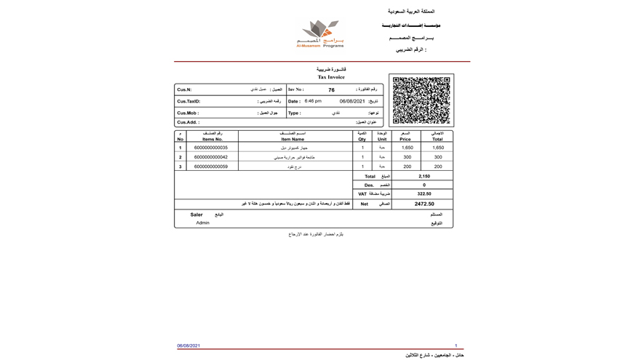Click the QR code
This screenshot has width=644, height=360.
coord(421,100)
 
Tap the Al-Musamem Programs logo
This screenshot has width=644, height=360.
coord(320,33)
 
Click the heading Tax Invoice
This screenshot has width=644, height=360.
coord(331,77)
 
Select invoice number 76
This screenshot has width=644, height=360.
coord(331,90)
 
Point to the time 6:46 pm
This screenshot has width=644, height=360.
coord(313,101)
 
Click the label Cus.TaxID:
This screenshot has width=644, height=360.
coord(188,102)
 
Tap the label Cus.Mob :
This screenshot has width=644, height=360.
coord(188,113)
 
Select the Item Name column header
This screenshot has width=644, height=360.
coord(293,139)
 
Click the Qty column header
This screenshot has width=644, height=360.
coord(362,139)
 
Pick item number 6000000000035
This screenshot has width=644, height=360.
coord(211,148)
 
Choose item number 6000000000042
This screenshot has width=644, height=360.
coord(211,157)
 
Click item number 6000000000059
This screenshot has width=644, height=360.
coord(211,167)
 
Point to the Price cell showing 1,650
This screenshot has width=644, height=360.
coord(407,148)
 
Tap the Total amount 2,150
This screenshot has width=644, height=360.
coord(424,176)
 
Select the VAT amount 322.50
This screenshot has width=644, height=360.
coord(424,194)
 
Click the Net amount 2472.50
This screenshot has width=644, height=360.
coord(424,204)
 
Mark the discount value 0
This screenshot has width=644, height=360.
coord(424,185)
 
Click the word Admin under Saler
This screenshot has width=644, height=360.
coord(202,223)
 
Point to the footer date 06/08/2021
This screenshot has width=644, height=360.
coord(188,346)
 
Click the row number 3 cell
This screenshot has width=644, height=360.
coord(180,167)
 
